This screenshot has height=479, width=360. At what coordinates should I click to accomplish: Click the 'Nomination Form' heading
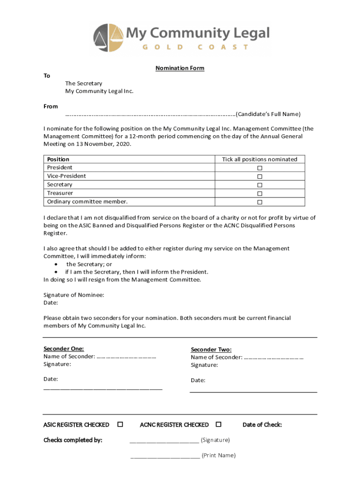(180, 68)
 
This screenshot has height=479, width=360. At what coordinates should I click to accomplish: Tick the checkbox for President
(259, 168)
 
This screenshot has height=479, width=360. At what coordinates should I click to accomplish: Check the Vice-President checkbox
(259, 176)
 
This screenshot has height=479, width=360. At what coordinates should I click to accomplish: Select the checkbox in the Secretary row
(259, 185)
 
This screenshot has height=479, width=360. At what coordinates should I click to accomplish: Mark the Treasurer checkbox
(259, 194)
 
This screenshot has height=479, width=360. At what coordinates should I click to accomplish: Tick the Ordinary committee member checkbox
(259, 202)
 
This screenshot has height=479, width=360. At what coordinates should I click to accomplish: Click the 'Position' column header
(58, 160)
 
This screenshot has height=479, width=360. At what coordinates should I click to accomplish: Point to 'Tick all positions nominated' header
(259, 160)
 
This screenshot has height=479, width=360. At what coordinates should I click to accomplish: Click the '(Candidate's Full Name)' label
(268, 114)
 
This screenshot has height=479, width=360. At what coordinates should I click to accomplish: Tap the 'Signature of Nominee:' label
(74, 295)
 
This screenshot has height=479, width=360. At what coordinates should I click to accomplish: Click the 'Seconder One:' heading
(64, 349)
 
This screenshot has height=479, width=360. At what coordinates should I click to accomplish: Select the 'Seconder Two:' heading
(211, 350)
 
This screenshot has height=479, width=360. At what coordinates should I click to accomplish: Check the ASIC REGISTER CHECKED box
(120, 424)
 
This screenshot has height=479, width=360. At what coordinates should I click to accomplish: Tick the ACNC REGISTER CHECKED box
(218, 424)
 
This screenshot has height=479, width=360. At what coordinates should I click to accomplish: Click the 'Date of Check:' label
(262, 425)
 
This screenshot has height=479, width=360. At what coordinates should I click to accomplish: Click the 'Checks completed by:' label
(72, 440)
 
